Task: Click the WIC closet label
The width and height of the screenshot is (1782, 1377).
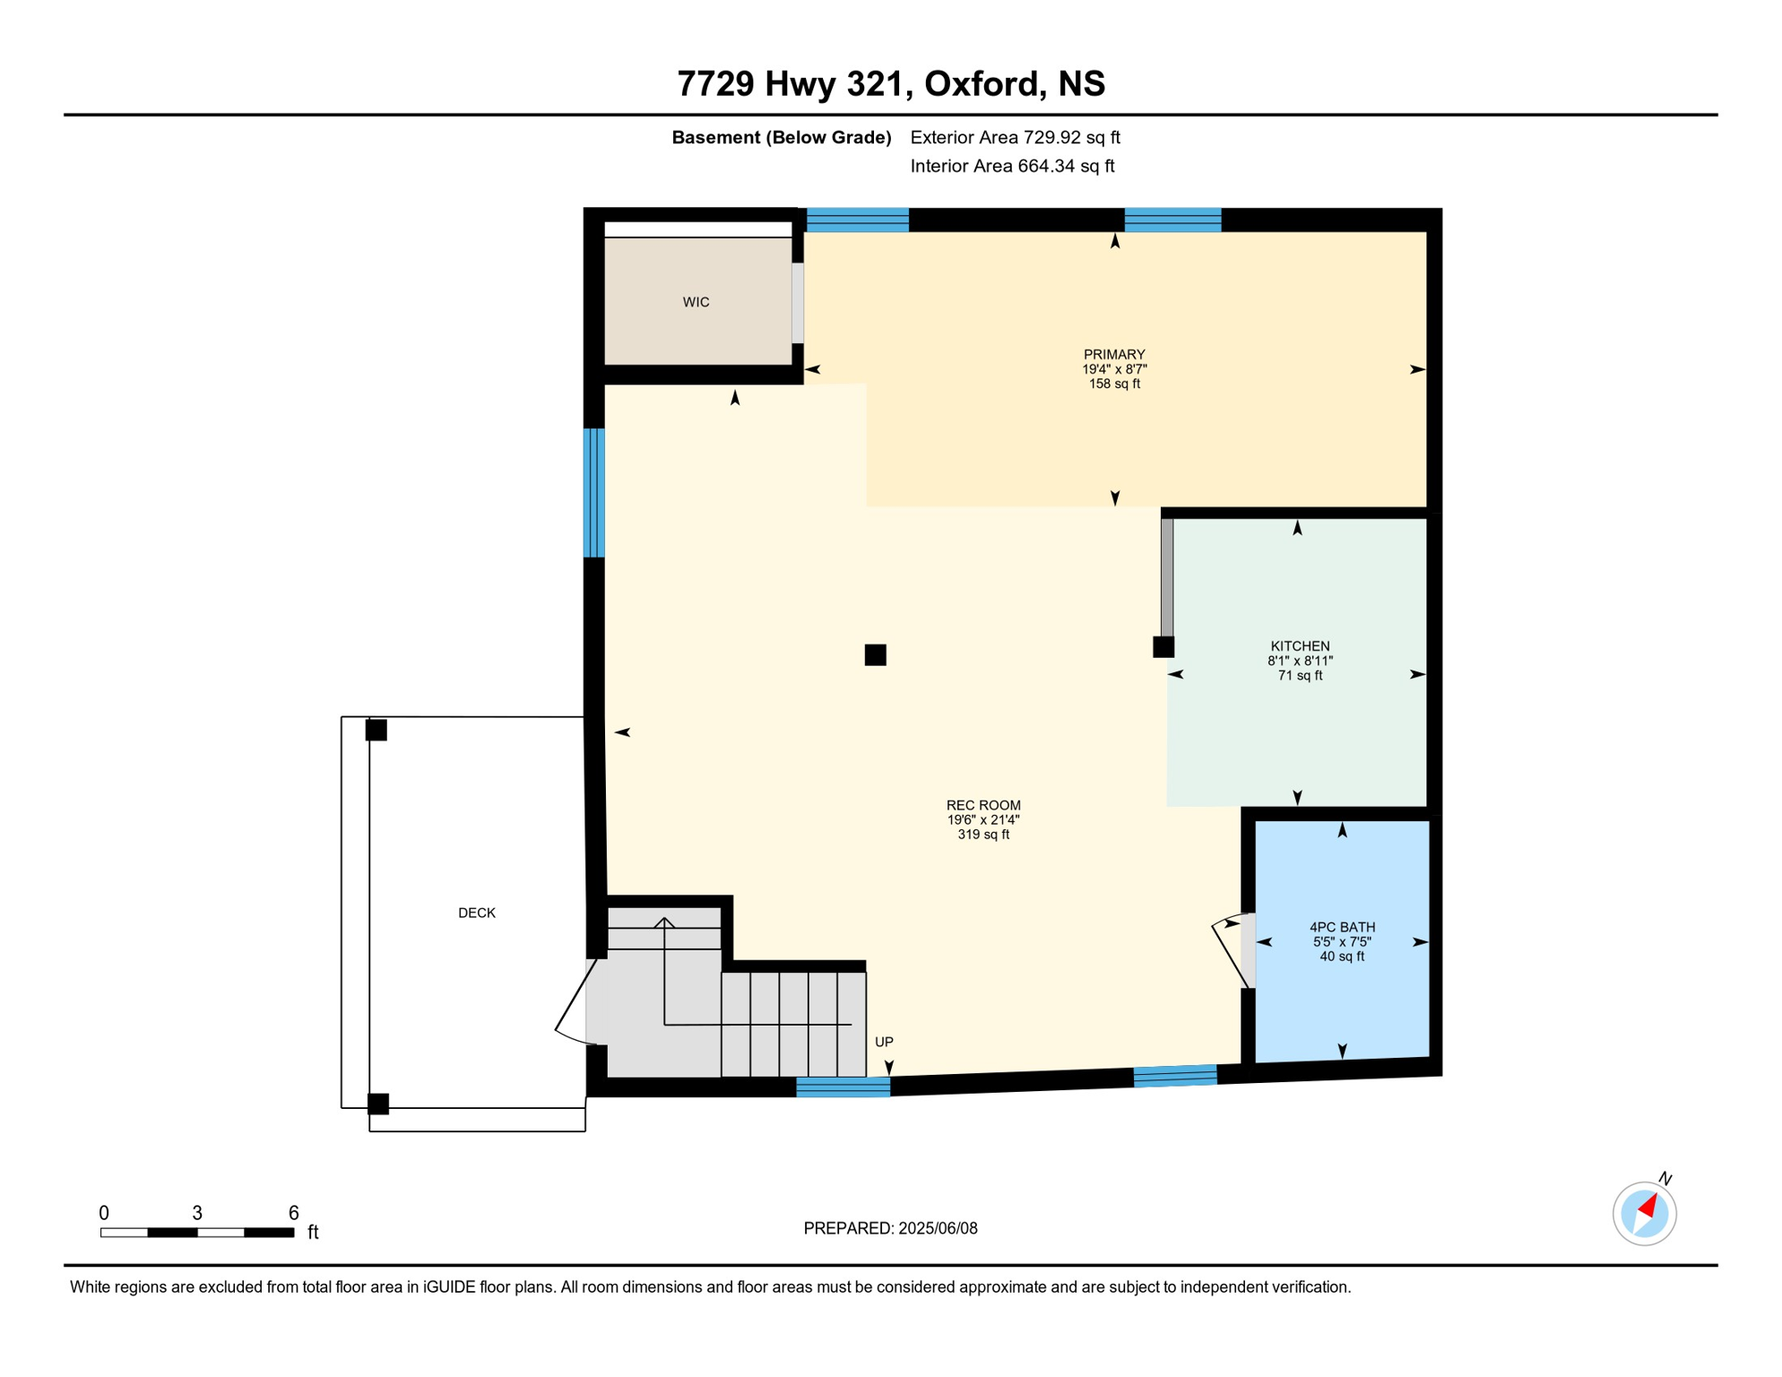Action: click(696, 302)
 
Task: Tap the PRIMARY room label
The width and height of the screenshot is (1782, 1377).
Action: click(1114, 354)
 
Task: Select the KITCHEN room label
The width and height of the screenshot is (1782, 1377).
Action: click(1300, 646)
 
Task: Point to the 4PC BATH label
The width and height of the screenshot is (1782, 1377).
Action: click(1342, 927)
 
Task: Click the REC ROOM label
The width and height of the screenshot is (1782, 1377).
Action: click(983, 805)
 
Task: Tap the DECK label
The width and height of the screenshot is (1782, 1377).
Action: click(477, 913)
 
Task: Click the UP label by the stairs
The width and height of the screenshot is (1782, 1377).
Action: click(884, 1042)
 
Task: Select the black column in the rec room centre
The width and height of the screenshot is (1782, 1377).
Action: click(876, 655)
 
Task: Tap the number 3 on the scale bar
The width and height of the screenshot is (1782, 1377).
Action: click(197, 1213)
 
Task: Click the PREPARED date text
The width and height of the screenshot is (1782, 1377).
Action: click(890, 1228)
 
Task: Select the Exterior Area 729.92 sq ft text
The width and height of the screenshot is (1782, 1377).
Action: click(1015, 137)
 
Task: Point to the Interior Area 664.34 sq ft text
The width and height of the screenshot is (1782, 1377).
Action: click(1012, 166)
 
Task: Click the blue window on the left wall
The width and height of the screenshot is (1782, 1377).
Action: click(593, 493)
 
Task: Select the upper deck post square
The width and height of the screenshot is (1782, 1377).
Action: click(376, 730)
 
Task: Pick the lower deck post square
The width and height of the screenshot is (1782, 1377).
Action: click(378, 1104)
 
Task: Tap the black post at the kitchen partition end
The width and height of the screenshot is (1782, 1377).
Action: click(1163, 647)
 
